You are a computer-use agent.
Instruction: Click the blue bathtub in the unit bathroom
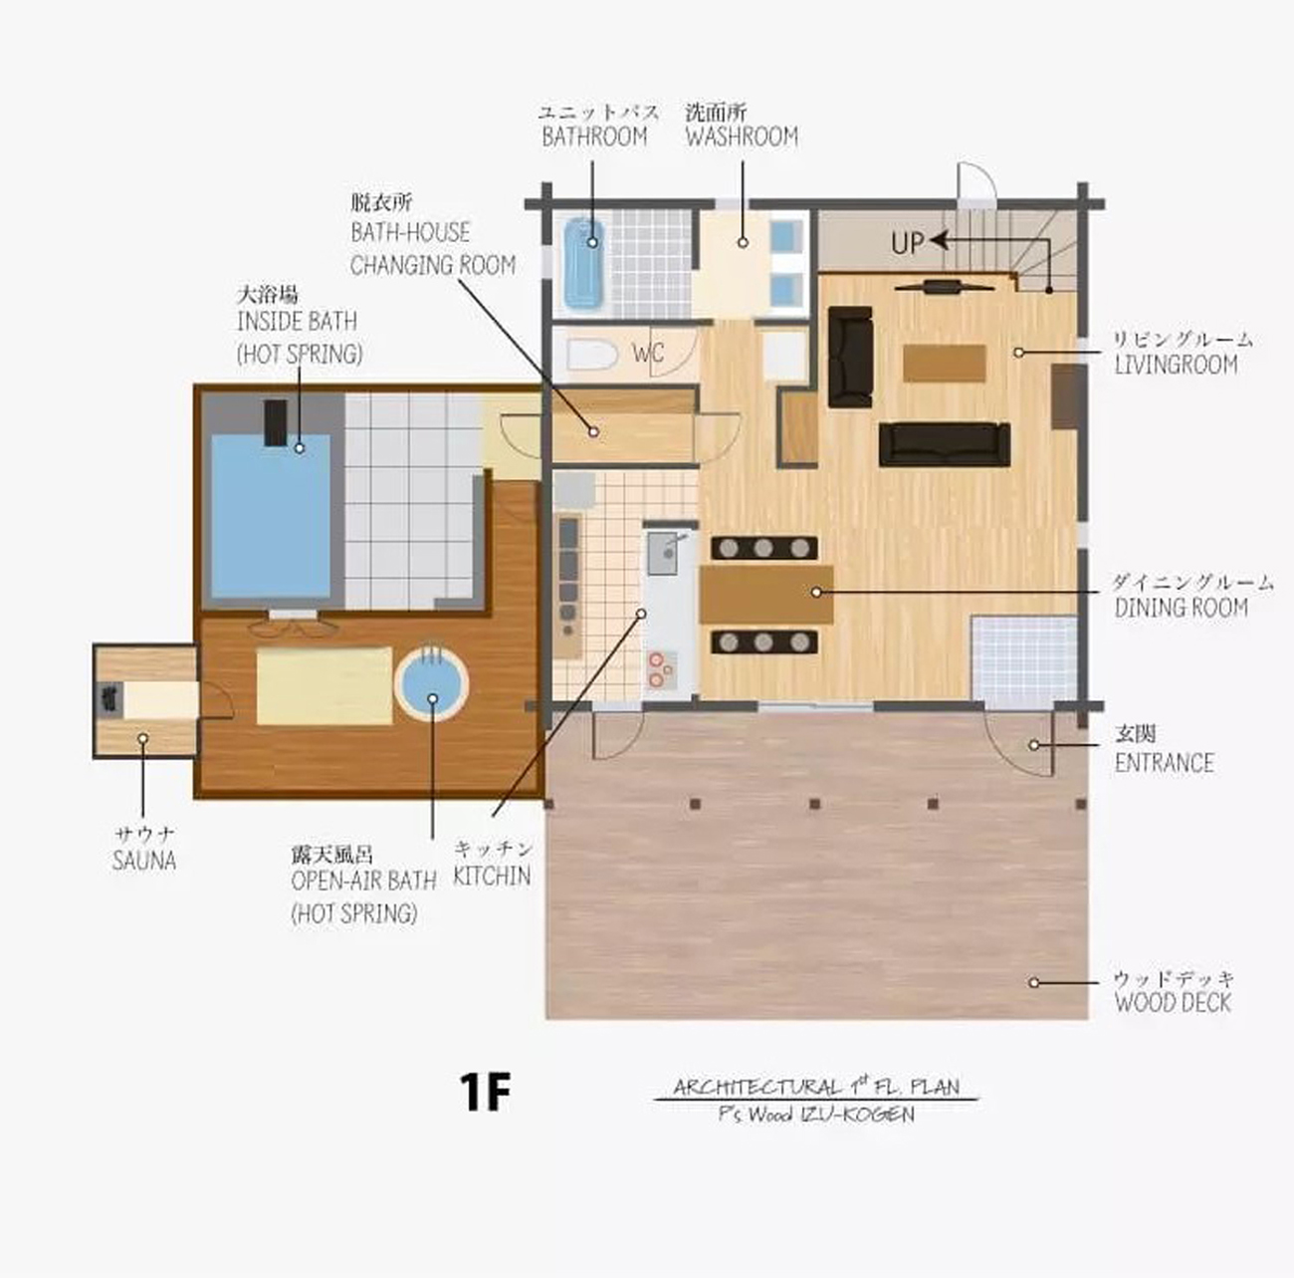pyautogui.click(x=584, y=263)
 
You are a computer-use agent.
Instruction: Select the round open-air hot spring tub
pyautogui.click(x=432, y=684)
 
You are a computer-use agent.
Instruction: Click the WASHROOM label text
pyautogui.click(x=742, y=136)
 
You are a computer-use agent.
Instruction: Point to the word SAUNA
pyautogui.click(x=144, y=861)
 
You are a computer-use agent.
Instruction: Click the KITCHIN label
pyautogui.click(x=492, y=876)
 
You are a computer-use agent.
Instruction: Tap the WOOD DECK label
pyautogui.click(x=1173, y=1002)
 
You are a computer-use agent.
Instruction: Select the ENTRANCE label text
pyautogui.click(x=1164, y=763)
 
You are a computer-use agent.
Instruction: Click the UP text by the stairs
pyautogui.click(x=907, y=243)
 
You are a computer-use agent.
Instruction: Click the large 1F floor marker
pyautogui.click(x=485, y=1092)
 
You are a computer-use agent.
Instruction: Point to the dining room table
pyautogui.click(x=765, y=595)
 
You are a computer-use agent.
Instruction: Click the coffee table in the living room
pyautogui.click(x=944, y=363)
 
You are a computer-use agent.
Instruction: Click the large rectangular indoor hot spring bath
pyautogui.click(x=270, y=518)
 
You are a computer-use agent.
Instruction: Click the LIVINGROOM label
pyautogui.click(x=1176, y=365)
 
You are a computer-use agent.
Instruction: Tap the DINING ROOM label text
pyautogui.click(x=1181, y=608)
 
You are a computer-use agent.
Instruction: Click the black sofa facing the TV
pyautogui.click(x=944, y=444)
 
